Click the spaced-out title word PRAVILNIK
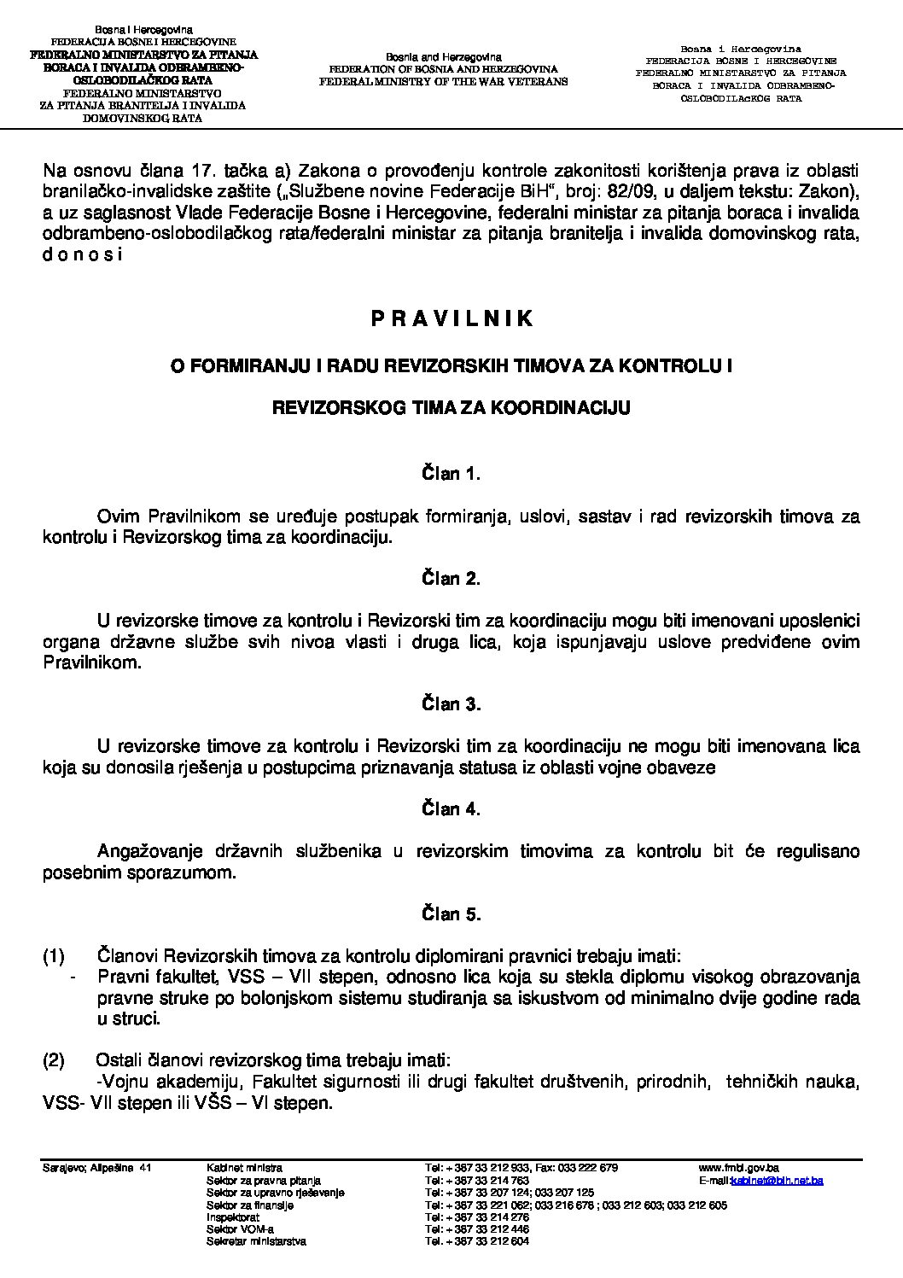click(451, 318)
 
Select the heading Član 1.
click(451, 474)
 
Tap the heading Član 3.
click(451, 704)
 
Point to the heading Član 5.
click(451, 914)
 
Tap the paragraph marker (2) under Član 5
click(54, 1061)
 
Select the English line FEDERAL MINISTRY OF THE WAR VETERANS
click(443, 81)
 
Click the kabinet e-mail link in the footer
click(777, 1180)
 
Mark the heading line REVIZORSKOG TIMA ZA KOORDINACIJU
click(451, 408)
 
